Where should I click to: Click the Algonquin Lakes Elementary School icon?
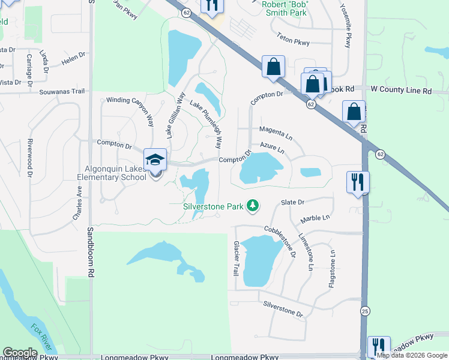click(x=155, y=160)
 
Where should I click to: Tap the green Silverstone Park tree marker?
click(x=253, y=206)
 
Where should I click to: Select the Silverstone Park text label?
click(x=213, y=206)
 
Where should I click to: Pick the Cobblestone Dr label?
click(x=280, y=241)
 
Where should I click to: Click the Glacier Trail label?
click(x=236, y=259)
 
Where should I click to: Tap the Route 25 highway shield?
click(x=364, y=310)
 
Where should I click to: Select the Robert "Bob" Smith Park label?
click(x=285, y=8)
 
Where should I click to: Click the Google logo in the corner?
click(x=20, y=353)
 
